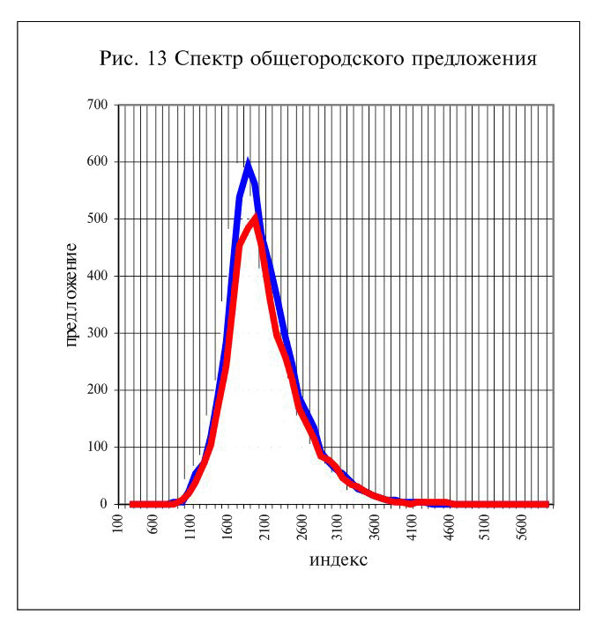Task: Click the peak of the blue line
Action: click(x=248, y=162)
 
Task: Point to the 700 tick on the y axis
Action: click(x=97, y=105)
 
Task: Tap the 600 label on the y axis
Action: click(x=97, y=161)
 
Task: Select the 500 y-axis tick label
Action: click(x=97, y=219)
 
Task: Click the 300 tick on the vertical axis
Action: click(x=97, y=333)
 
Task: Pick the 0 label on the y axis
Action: click(x=104, y=504)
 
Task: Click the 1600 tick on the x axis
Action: click(x=227, y=527)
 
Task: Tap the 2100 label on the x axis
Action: click(x=264, y=527)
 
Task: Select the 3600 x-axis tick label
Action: click(x=376, y=527)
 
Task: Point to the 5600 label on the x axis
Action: click(x=523, y=527)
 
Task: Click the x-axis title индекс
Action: click(x=339, y=559)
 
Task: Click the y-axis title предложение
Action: click(x=71, y=295)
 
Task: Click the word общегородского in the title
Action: click(x=327, y=59)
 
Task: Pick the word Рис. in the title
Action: click(x=119, y=59)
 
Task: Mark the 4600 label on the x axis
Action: click(x=449, y=527)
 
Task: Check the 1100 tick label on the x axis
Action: click(x=190, y=527)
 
